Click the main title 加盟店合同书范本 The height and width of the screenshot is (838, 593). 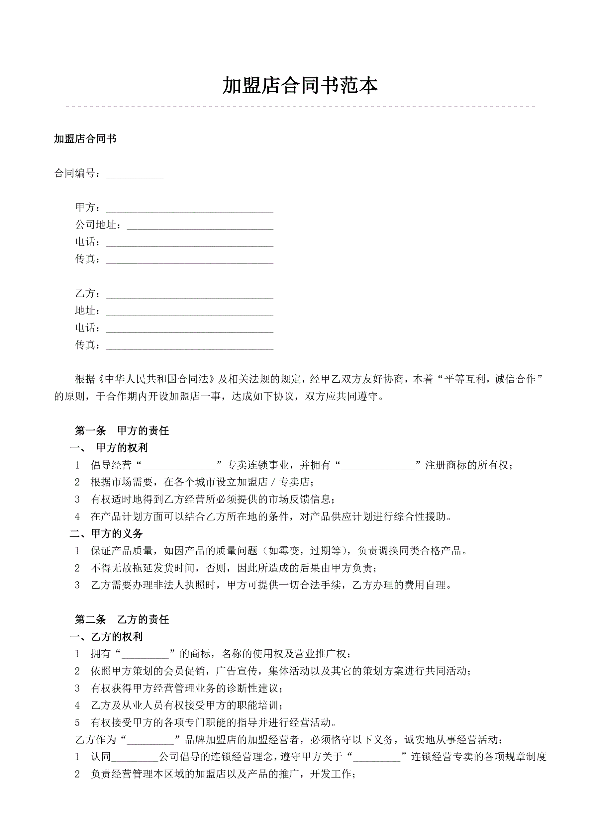click(x=300, y=86)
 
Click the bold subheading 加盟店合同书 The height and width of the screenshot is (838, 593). click(x=85, y=139)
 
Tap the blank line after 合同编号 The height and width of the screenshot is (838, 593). click(x=134, y=174)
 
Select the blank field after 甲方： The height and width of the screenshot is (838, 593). click(x=189, y=208)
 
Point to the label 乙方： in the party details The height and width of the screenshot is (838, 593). click(x=87, y=293)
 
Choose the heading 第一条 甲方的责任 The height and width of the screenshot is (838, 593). click(x=122, y=431)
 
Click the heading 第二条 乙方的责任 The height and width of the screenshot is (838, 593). click(x=122, y=619)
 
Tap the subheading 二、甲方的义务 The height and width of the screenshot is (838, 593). click(x=106, y=534)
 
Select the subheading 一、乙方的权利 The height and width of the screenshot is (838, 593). click(x=106, y=636)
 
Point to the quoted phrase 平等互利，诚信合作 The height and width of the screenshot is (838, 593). click(x=489, y=379)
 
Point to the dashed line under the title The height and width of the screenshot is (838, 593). click(x=300, y=107)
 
